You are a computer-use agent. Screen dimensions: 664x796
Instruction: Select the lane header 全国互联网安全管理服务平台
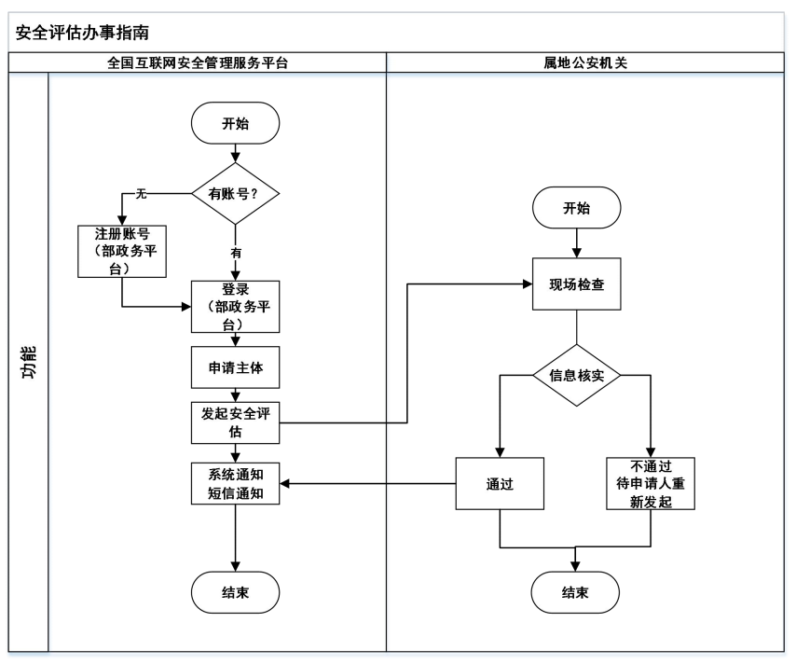click(x=216, y=62)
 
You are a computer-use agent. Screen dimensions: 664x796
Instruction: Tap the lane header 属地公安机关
click(x=585, y=62)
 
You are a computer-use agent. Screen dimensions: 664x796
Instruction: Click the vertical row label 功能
click(x=28, y=362)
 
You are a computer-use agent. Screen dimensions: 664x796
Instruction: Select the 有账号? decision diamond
click(x=235, y=194)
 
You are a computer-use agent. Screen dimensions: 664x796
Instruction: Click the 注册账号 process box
click(x=122, y=250)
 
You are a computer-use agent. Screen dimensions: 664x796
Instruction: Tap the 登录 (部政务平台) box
click(x=235, y=306)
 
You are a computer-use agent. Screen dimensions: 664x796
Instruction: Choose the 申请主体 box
click(x=235, y=367)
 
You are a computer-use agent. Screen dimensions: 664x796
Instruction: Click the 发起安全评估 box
click(x=235, y=422)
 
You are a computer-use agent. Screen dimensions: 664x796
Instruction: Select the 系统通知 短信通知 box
click(x=235, y=484)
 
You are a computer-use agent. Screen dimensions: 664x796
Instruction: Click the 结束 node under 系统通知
click(x=235, y=591)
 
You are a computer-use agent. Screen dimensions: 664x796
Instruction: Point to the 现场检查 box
click(x=576, y=284)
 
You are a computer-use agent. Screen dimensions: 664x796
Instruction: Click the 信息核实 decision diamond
click(x=576, y=376)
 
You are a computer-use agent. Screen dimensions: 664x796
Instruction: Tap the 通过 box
click(x=500, y=484)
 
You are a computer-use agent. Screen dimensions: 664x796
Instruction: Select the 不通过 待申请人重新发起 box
click(x=652, y=484)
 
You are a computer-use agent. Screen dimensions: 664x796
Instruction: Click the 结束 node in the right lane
click(x=575, y=591)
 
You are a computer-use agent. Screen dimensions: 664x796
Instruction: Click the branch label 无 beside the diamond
click(x=142, y=194)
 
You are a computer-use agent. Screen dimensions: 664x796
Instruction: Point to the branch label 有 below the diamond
click(x=236, y=252)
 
